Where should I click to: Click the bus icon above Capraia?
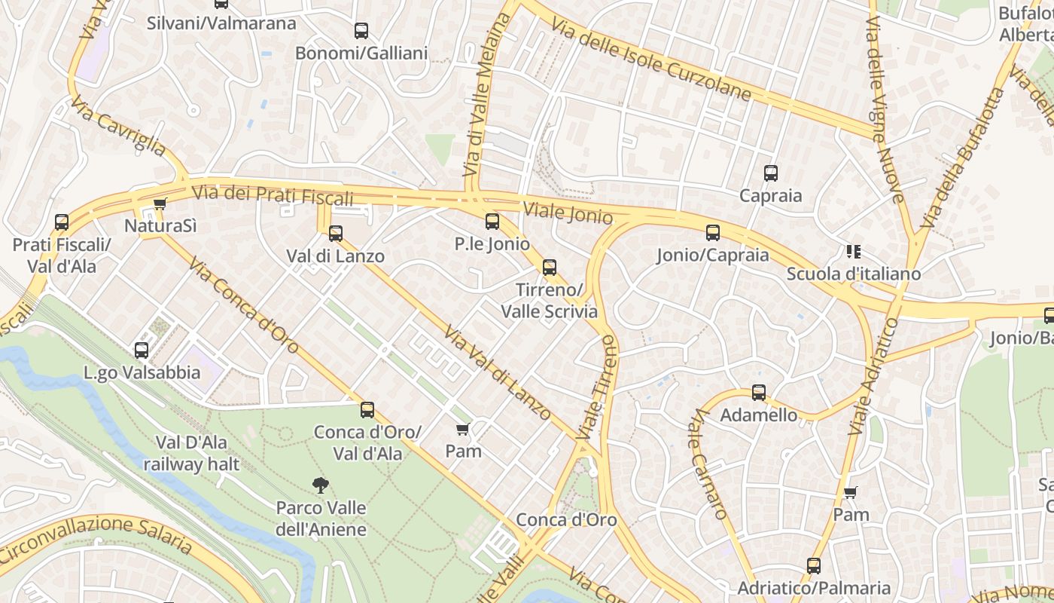(770, 173)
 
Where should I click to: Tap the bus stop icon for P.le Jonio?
(492, 222)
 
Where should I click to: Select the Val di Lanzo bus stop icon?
(336, 234)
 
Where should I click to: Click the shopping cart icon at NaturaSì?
(160, 204)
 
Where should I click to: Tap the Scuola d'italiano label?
(853, 274)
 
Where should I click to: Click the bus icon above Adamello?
(759, 393)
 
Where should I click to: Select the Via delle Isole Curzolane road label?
(651, 60)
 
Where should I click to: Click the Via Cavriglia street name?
(119, 125)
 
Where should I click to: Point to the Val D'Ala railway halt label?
(191, 453)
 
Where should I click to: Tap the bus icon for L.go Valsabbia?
(142, 350)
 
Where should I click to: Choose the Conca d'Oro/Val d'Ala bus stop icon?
(367, 410)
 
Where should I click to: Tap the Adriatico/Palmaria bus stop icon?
(813, 566)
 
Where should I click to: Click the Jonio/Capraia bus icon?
(713, 233)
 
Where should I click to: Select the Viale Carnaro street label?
(708, 463)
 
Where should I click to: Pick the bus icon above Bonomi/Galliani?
(361, 31)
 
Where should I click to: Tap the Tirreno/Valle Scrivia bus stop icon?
(550, 268)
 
